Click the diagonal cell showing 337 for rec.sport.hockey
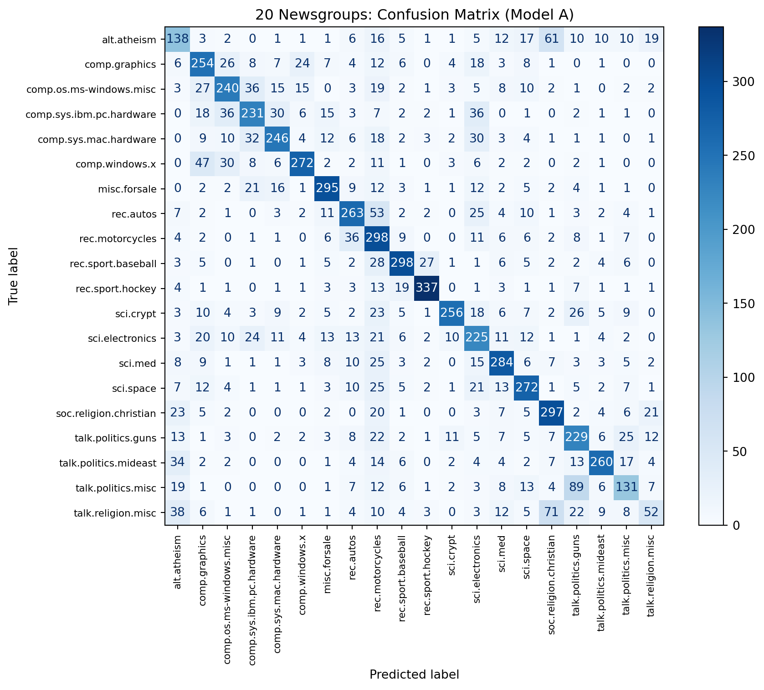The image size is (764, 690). [x=426, y=288]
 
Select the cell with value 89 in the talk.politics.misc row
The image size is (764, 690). [x=576, y=488]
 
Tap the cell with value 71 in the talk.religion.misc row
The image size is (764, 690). [x=551, y=513]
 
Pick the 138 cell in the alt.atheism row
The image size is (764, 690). [x=178, y=39]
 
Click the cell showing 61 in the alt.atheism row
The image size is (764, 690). [x=551, y=39]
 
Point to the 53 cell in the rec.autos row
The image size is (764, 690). [x=377, y=213]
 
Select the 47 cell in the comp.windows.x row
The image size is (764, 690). [x=202, y=163]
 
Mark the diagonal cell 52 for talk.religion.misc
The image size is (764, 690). [x=651, y=513]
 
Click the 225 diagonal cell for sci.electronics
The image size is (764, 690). [x=477, y=338]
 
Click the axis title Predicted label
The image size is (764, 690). [x=414, y=674]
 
